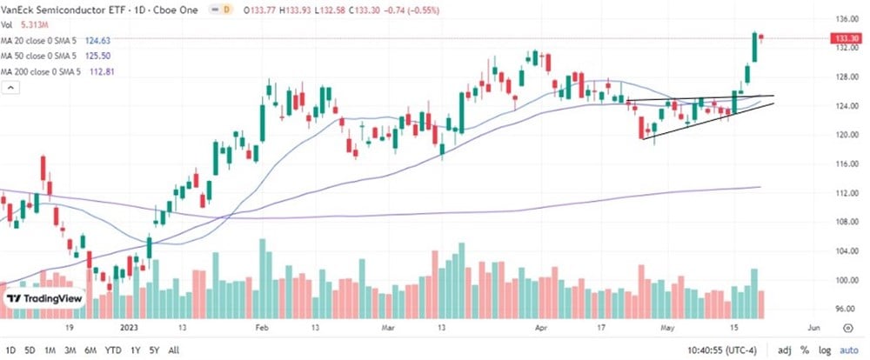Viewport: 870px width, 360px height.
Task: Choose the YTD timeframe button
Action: point(112,350)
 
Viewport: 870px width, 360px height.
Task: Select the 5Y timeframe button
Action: point(153,350)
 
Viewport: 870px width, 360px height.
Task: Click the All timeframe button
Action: point(174,350)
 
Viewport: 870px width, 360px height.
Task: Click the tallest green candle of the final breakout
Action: point(753,48)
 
